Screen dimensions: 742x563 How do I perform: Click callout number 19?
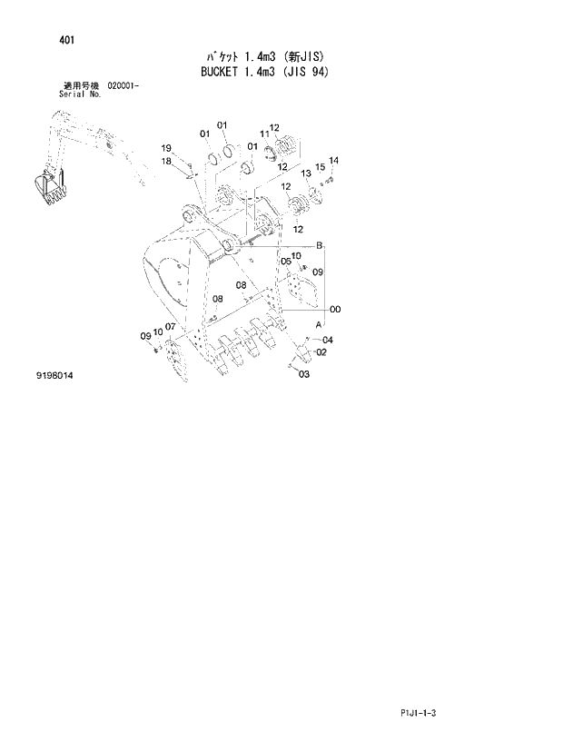click(166, 148)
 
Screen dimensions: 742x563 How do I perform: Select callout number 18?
click(166, 161)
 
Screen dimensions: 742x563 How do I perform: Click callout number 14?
click(333, 161)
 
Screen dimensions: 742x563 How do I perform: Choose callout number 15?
click(320, 167)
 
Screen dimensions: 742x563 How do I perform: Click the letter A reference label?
click(319, 324)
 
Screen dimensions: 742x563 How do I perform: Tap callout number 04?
click(328, 341)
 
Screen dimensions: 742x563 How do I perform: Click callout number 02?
click(321, 352)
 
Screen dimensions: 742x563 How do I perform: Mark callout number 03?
click(303, 373)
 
